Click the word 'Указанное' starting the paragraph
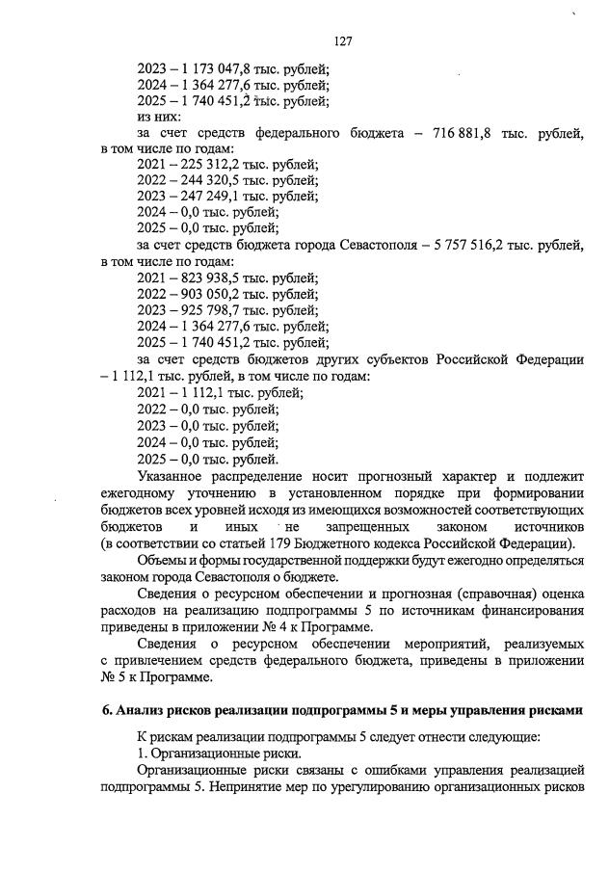pos(174,477)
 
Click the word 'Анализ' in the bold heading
pos(141,711)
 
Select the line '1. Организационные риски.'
pos(206,753)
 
